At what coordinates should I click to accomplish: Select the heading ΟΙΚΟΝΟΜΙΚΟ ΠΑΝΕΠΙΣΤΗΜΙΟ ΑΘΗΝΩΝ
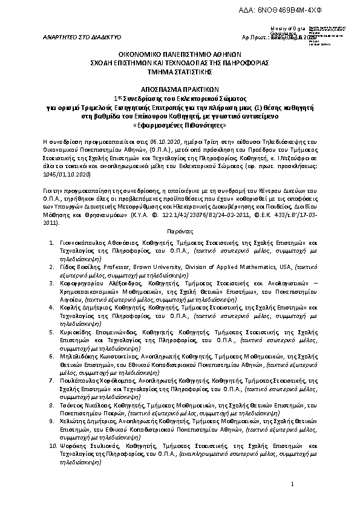click(x=180, y=53)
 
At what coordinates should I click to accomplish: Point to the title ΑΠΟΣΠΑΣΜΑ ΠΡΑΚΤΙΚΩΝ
click(x=180, y=87)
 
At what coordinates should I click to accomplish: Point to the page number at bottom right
click(x=291, y=484)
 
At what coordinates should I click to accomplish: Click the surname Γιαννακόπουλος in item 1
click(x=83, y=241)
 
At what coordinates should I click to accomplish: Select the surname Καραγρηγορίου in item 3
click(x=83, y=282)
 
